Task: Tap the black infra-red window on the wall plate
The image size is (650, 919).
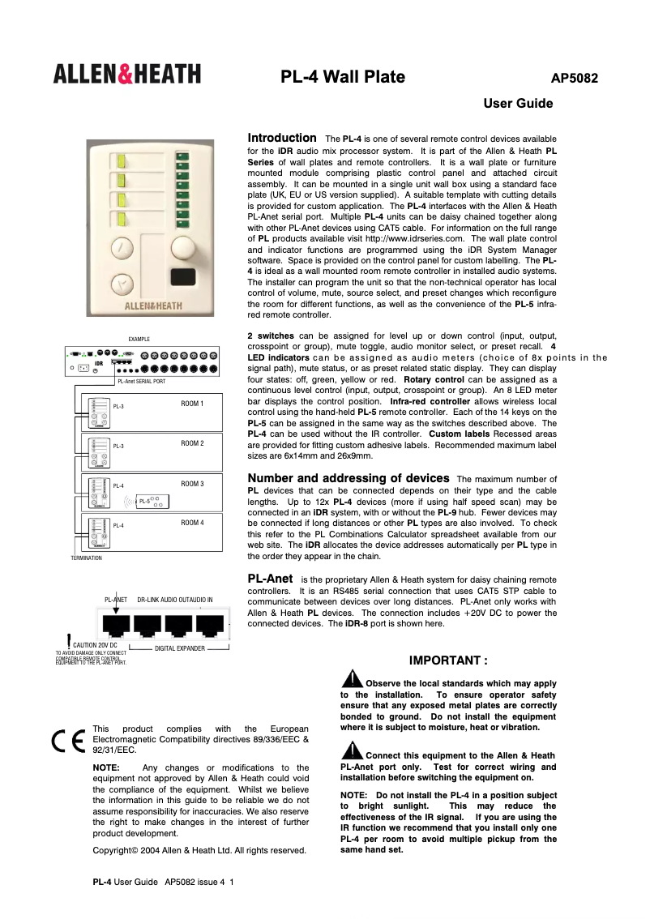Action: pos(184,276)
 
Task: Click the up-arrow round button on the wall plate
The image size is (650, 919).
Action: pos(122,246)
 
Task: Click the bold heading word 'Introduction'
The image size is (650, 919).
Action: pos(281,139)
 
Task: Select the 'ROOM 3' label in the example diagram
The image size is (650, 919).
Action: pos(192,484)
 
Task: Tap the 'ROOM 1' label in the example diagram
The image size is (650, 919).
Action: pos(192,403)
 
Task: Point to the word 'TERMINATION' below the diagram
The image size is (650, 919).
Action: pos(86,558)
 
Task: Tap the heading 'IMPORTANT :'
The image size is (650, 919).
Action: pos(448,660)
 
